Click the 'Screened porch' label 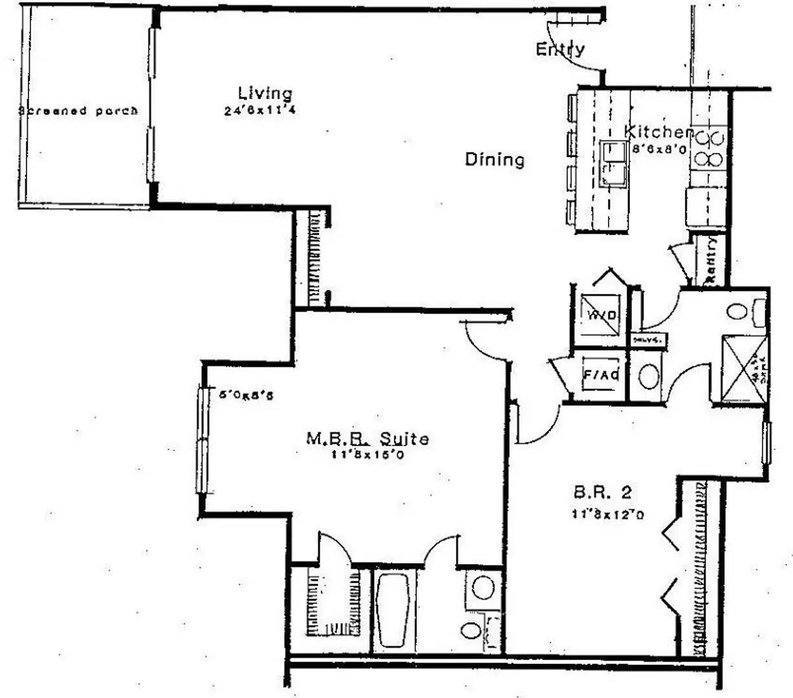tap(78, 111)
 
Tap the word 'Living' tap(265, 94)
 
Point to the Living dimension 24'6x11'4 tap(260, 111)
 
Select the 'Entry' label tap(560, 49)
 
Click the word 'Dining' tap(495, 159)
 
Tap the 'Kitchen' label tap(657, 132)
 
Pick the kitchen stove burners tap(709, 148)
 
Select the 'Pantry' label tap(711, 260)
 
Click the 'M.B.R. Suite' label tap(367, 439)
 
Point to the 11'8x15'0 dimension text tap(367, 454)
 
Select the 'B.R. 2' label tap(603, 493)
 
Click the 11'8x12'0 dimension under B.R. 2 tap(607, 514)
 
